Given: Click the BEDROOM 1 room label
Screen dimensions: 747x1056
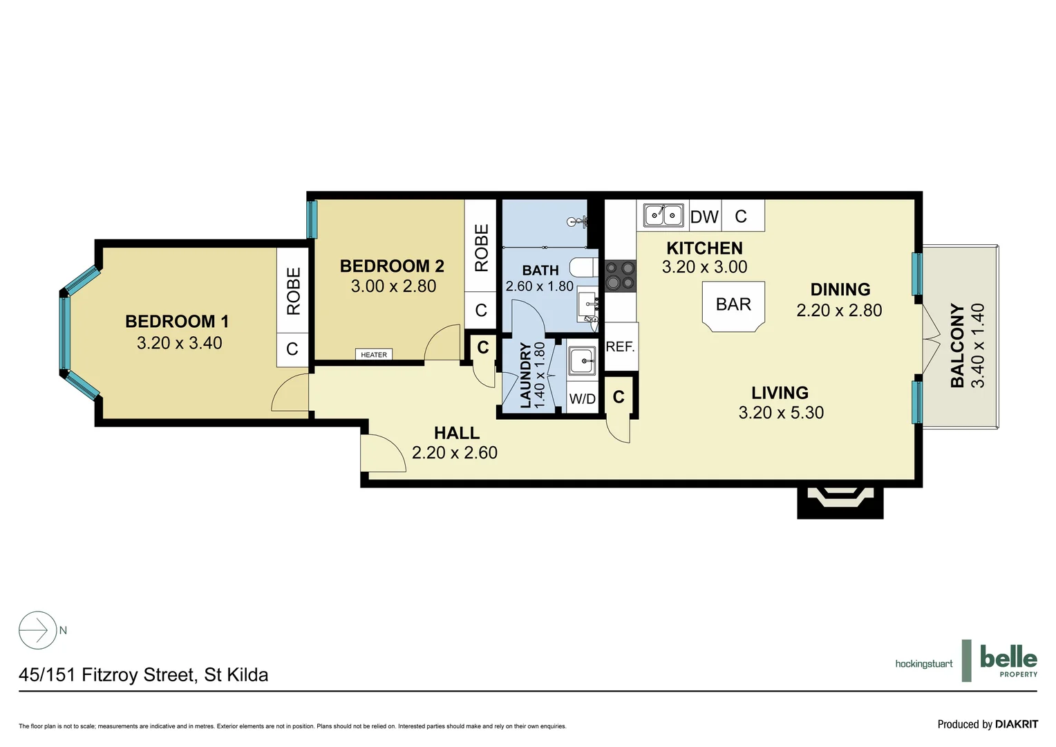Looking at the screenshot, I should (177, 322).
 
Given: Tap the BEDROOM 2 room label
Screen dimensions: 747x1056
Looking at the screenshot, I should (392, 266).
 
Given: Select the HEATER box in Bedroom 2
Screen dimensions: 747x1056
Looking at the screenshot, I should (374, 355).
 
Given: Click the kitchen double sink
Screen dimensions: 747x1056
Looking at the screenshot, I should (663, 215).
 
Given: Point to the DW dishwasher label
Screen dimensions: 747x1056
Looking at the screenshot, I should (704, 217).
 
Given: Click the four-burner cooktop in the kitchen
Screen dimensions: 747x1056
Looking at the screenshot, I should (620, 275).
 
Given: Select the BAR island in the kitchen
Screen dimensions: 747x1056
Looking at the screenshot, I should (733, 306).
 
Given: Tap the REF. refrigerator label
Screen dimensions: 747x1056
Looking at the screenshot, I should (620, 347).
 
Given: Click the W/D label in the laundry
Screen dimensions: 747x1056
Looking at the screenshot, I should (582, 399).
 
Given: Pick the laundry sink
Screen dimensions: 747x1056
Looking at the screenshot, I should (582, 360).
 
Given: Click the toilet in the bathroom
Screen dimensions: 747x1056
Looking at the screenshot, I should (583, 267).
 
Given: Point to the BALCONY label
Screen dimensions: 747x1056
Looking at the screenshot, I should (957, 345).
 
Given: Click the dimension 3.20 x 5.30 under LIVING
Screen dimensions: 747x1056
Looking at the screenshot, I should (781, 413).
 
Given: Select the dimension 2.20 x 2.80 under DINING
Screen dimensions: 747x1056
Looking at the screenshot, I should (839, 311).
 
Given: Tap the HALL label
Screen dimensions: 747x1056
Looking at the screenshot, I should (456, 433).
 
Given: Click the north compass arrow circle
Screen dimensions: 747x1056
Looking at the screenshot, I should (37, 630).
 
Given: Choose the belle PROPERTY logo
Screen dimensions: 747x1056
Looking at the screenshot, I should (1008, 661).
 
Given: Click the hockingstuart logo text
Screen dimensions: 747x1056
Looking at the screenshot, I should (923, 664).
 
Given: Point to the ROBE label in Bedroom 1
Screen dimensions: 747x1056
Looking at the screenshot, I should (293, 291).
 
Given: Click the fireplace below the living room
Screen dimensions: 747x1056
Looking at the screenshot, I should (840, 499).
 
